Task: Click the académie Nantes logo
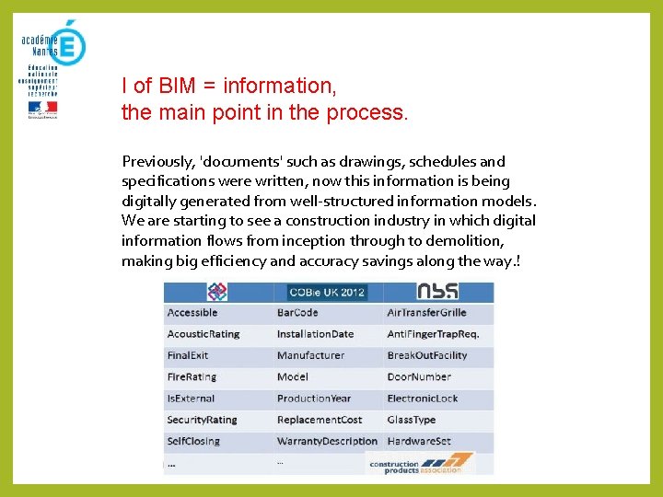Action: point(53,44)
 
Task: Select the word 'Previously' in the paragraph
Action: point(157,162)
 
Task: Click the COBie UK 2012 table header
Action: point(328,293)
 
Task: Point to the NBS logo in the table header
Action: point(437,292)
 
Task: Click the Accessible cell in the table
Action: point(192,313)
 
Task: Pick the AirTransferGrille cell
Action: point(426,313)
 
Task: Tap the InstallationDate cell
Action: point(315,334)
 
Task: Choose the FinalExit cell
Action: point(188,355)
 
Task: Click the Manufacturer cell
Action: point(310,355)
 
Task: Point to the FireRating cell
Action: point(192,376)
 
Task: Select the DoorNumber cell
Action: point(419,376)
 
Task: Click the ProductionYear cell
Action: point(314,399)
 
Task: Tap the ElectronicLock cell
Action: point(423,399)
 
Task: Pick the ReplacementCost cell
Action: point(320,420)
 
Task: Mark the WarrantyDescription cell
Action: point(327,441)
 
